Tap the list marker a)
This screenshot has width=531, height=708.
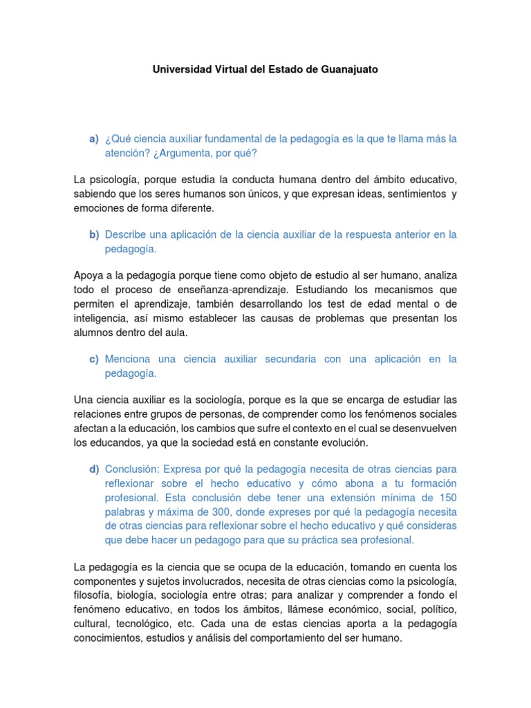tap(94, 139)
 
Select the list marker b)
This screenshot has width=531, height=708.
tap(94, 234)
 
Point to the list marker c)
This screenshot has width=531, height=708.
tap(94, 359)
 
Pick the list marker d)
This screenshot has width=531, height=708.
tap(94, 469)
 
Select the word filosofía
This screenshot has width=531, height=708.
tap(93, 595)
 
